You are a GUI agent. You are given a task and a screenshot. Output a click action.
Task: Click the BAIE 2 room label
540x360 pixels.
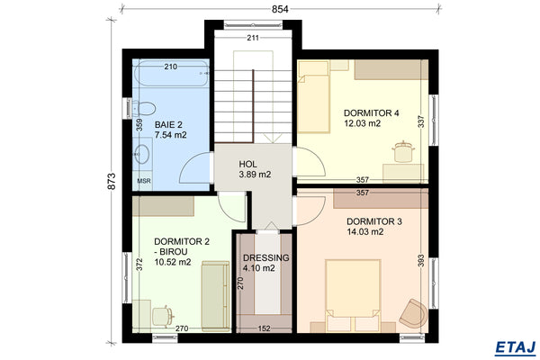pyautogui.click(x=168, y=124)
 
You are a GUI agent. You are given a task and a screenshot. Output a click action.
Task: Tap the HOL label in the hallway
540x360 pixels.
pyautogui.click(x=248, y=164)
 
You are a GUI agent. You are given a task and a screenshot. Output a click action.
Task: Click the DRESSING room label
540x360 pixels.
pyautogui.click(x=266, y=257)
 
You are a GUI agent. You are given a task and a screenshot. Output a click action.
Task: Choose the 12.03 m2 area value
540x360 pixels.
pyautogui.click(x=363, y=123)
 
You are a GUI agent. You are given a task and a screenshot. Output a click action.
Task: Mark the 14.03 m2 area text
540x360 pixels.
pyautogui.click(x=365, y=231)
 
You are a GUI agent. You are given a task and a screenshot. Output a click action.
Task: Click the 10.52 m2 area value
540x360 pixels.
pyautogui.click(x=172, y=263)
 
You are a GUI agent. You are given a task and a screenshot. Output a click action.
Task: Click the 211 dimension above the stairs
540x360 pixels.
pyautogui.click(x=253, y=38)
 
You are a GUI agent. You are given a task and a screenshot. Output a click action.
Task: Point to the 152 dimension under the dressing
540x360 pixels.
pyautogui.click(x=265, y=328)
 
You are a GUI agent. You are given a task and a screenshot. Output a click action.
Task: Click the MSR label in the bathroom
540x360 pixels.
pyautogui.click(x=143, y=180)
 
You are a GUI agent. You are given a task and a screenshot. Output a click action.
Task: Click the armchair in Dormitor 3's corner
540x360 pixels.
pyautogui.click(x=414, y=312)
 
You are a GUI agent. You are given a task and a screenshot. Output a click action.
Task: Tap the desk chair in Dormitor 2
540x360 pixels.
pyautogui.click(x=162, y=315)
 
